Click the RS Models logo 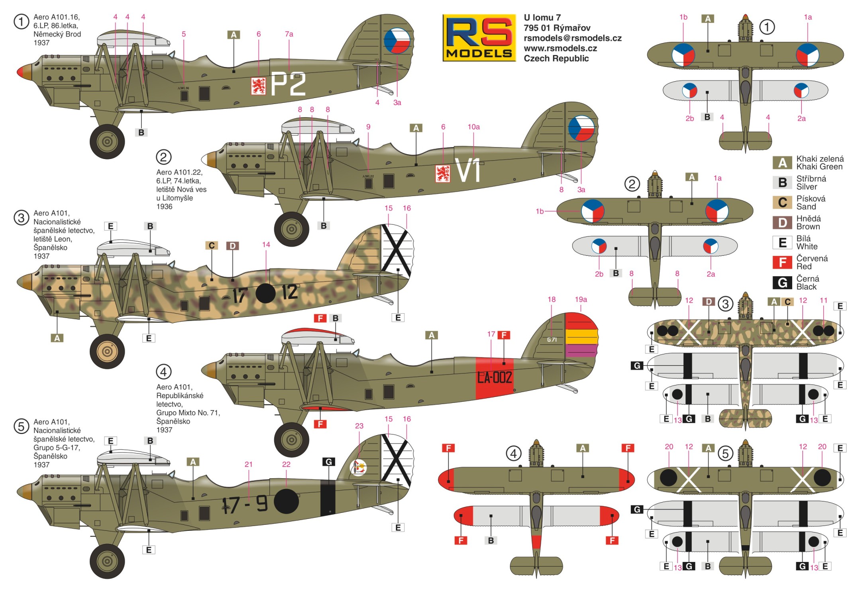pyautogui.click(x=479, y=38)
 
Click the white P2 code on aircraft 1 pyautogui.click(x=288, y=84)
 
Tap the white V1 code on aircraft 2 pyautogui.click(x=468, y=171)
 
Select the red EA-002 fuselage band pyautogui.click(x=495, y=378)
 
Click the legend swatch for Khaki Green pyautogui.click(x=782, y=163)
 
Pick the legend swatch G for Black pyautogui.click(x=782, y=283)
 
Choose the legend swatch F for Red pyautogui.click(x=782, y=262)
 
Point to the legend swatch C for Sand pyautogui.click(x=782, y=202)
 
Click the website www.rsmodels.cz pyautogui.click(x=560, y=48)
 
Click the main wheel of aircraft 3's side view pyautogui.click(x=107, y=351)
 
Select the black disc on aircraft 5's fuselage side pyautogui.click(x=287, y=501)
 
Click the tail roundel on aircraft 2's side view pyautogui.click(x=581, y=128)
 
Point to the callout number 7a pyautogui.click(x=289, y=34)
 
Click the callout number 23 pyautogui.click(x=359, y=426)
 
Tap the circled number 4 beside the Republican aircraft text pyautogui.click(x=163, y=372)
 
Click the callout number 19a pyautogui.click(x=581, y=299)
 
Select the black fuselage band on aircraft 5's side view pyautogui.click(x=328, y=497)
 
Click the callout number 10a pyautogui.click(x=473, y=127)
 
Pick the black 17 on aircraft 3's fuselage pyautogui.click(x=240, y=295)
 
